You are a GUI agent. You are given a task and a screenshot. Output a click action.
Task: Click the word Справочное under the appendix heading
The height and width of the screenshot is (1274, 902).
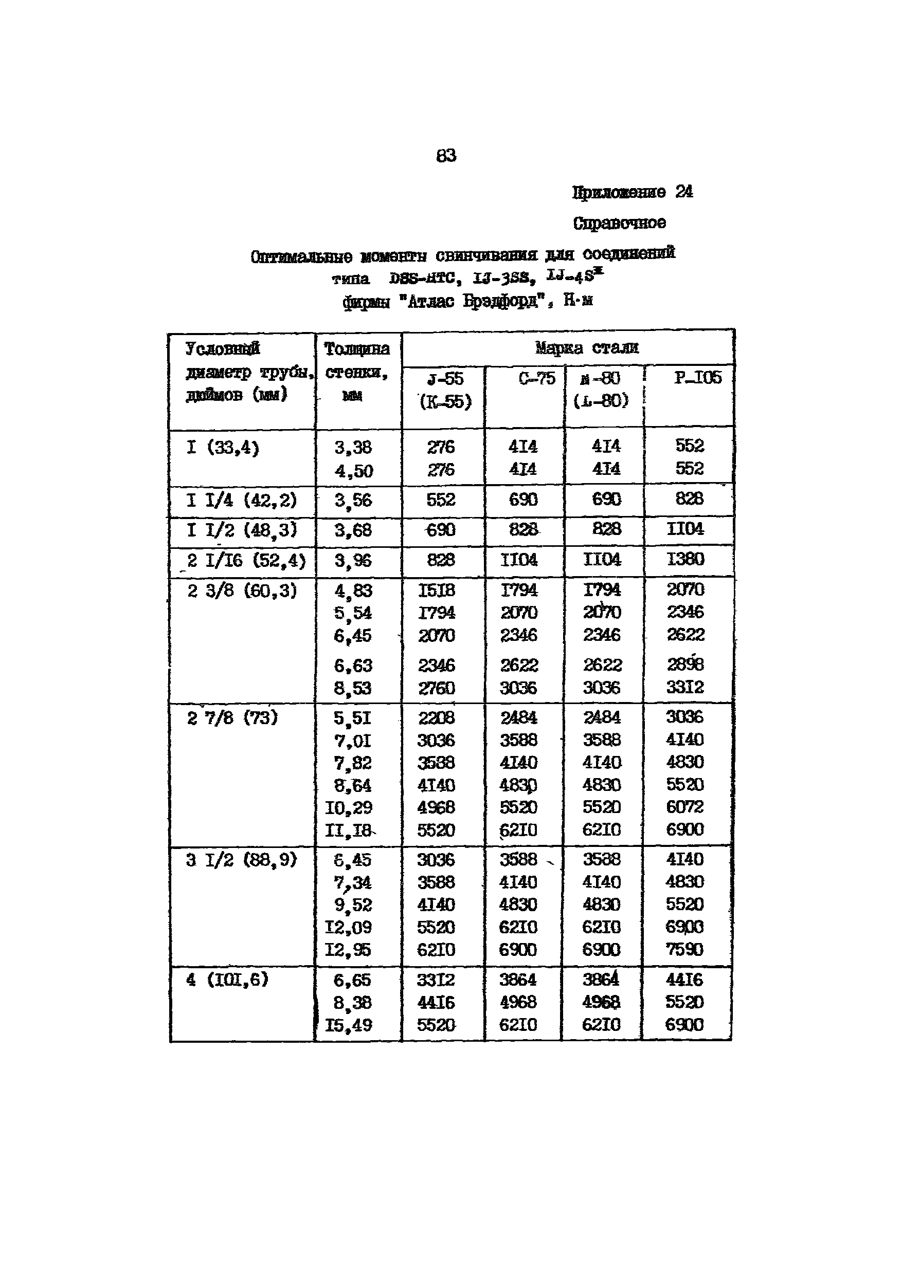pyautogui.click(x=619, y=223)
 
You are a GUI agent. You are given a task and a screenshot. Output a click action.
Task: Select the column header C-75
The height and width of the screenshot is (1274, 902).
pyautogui.click(x=536, y=379)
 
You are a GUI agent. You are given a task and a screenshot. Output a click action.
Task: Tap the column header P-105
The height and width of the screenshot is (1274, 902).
pyautogui.click(x=698, y=378)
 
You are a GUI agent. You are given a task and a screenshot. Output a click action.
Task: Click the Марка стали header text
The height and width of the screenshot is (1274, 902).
pyautogui.click(x=587, y=348)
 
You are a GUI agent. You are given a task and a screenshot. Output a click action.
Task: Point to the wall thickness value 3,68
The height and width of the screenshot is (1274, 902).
pyautogui.click(x=353, y=530)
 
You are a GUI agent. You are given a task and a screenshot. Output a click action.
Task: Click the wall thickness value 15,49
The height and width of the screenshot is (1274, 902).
pyautogui.click(x=348, y=1025)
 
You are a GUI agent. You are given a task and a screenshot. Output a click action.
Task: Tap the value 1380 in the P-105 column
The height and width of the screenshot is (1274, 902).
pyautogui.click(x=685, y=559)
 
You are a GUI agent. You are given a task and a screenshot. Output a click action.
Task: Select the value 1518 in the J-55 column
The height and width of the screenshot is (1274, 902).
pyautogui.click(x=437, y=590)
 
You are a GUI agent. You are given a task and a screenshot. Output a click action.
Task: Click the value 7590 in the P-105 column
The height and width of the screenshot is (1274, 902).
pyautogui.click(x=684, y=949)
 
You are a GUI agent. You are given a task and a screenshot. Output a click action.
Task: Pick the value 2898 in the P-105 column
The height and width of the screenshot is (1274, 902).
pyautogui.click(x=685, y=664)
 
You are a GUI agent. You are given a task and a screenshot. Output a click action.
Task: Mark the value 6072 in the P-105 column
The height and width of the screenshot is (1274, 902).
pyautogui.click(x=685, y=806)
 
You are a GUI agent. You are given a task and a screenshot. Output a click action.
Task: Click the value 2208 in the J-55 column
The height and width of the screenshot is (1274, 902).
pyautogui.click(x=437, y=718)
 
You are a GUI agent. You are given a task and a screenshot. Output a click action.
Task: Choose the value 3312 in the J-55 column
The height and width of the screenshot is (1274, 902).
pyautogui.click(x=436, y=981)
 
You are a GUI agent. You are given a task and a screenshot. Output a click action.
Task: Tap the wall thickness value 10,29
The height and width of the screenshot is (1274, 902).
pyautogui.click(x=349, y=808)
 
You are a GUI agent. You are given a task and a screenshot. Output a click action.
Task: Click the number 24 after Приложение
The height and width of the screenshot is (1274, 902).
pyautogui.click(x=684, y=192)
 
